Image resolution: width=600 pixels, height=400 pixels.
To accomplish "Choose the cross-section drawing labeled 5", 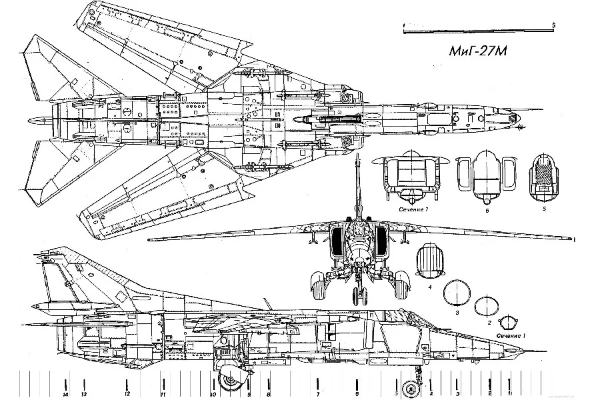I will (544, 179).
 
